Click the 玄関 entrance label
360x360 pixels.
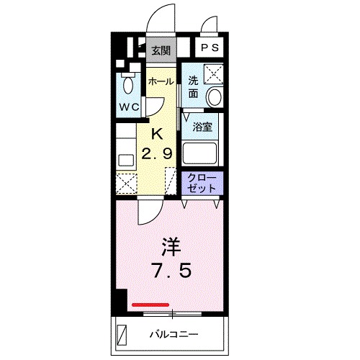(161, 50)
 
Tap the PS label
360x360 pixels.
(210, 49)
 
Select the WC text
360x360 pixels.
(130, 107)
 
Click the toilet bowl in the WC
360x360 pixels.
(129, 85)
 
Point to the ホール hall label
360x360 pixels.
(161, 82)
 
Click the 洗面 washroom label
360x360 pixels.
(193, 87)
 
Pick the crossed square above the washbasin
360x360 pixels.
(213, 73)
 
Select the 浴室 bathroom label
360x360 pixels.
(202, 127)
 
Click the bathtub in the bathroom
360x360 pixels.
(202, 153)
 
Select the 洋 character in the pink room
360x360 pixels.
(170, 246)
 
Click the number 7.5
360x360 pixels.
(171, 273)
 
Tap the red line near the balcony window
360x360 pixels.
(150, 305)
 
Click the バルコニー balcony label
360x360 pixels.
(174, 335)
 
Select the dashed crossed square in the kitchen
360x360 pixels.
(127, 183)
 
